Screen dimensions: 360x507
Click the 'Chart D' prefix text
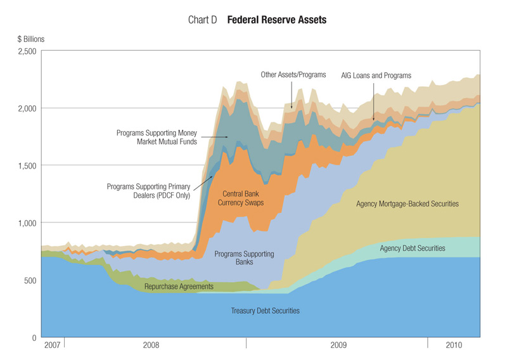[203, 20]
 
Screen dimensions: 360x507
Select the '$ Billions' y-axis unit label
[31, 39]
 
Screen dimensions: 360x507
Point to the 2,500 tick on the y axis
[27, 51]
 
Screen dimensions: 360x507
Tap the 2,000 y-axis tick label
[27, 108]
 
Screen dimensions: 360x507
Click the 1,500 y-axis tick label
[27, 165]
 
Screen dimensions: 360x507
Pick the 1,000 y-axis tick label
[27, 223]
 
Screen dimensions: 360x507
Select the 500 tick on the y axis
[30, 280]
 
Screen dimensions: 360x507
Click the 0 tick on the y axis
[34, 338]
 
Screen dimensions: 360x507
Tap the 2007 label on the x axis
[52, 346]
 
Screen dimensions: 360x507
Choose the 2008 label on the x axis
[151, 346]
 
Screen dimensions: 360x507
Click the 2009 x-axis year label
[339, 346]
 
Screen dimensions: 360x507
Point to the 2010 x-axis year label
[454, 346]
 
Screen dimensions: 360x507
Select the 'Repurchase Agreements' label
[179, 287]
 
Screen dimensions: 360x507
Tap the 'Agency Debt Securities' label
[413, 248]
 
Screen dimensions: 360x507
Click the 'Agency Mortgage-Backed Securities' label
[408, 204]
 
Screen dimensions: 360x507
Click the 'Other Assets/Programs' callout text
[293, 75]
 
